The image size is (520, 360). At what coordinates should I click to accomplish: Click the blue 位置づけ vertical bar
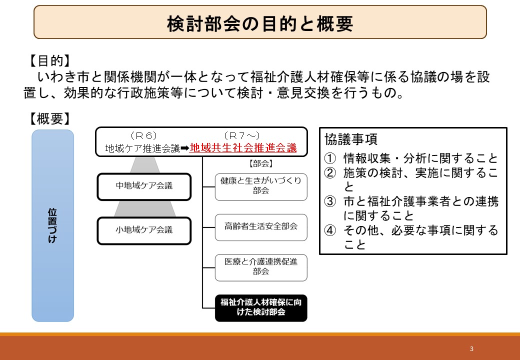[52, 225]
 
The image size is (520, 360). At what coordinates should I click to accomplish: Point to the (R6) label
[143, 136]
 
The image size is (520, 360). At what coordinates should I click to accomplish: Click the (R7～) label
[242, 136]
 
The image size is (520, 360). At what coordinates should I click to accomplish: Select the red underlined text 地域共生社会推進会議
[243, 148]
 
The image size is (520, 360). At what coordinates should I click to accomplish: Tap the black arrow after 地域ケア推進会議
[184, 148]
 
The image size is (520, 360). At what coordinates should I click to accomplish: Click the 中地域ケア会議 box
[144, 186]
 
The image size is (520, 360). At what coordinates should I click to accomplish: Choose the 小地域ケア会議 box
[144, 230]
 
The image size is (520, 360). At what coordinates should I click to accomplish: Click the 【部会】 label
[261, 163]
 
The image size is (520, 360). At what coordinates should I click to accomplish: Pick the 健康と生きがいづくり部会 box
[261, 187]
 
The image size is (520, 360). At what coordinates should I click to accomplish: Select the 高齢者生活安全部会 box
[261, 227]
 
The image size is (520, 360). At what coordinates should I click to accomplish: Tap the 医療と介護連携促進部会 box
[261, 267]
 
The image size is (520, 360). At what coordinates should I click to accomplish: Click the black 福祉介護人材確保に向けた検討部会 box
[261, 308]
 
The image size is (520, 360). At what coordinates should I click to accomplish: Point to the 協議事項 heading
[351, 139]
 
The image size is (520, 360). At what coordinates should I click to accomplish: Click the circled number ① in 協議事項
[330, 158]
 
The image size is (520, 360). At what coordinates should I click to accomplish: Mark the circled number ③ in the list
[330, 201]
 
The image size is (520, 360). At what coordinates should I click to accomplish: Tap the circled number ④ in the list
[330, 230]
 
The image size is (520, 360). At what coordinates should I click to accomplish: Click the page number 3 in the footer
[471, 348]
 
